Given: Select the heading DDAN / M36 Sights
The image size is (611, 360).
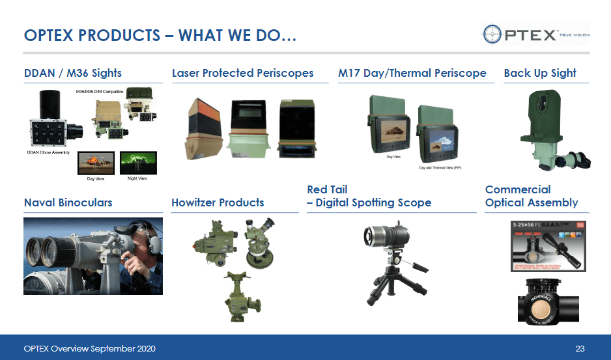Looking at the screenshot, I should (73, 73).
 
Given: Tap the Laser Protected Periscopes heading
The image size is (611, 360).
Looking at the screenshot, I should (242, 73).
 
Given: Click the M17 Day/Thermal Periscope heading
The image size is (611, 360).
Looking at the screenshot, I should (412, 73).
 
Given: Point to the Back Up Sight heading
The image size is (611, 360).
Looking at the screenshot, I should (540, 73).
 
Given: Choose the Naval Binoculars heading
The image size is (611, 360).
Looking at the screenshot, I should (68, 202).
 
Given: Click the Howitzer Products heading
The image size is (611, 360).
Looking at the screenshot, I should (218, 202).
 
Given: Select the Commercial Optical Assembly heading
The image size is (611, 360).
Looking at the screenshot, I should (532, 196).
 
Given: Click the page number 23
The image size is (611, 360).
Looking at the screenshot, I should (580, 349).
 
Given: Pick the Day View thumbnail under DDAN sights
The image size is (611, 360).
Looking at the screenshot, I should (96, 163).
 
